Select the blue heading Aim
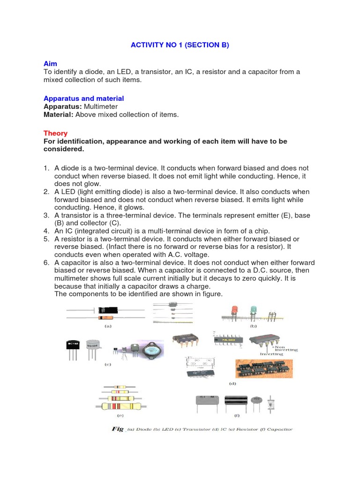point(50,63)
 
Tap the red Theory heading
point(55,133)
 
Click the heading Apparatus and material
point(83,98)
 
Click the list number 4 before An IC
point(46,231)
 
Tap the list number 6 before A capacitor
point(46,262)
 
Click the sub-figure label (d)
point(232,383)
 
